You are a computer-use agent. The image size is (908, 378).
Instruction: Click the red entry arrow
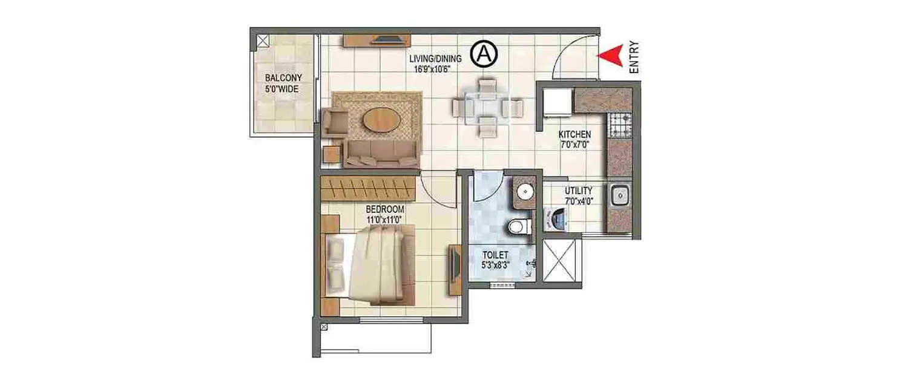(610, 55)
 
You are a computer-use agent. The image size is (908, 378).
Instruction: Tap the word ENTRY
(634, 57)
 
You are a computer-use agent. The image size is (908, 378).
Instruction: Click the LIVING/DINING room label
(435, 59)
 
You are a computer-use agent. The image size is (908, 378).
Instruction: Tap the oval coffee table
(381, 121)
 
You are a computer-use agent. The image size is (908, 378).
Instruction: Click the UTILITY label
(579, 191)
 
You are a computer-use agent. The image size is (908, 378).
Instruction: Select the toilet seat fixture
(518, 227)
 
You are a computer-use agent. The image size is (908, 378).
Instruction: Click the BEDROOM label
(385, 209)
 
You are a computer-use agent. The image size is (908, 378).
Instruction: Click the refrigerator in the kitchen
(558, 101)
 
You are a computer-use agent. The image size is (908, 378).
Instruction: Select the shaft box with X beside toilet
(562, 261)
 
